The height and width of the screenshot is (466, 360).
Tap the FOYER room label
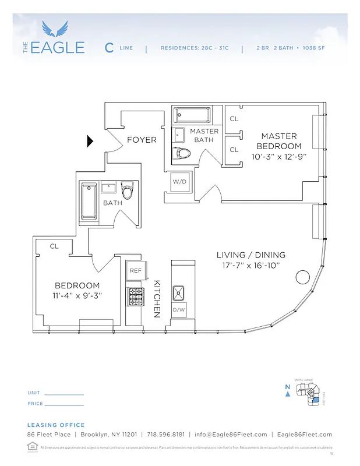(x=142, y=140)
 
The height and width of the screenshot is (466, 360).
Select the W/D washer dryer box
(x=179, y=182)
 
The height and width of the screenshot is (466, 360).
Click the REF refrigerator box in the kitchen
(x=135, y=270)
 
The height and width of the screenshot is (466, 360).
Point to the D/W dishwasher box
(x=179, y=310)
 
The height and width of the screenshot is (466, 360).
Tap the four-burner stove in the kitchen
(x=135, y=296)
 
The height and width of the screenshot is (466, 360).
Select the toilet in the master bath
(x=182, y=153)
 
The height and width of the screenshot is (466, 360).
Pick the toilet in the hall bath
(x=128, y=190)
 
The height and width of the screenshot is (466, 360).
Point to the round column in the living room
(x=302, y=277)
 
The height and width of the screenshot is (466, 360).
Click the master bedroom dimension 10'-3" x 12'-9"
(x=278, y=157)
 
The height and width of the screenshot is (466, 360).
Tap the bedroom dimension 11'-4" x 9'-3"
(x=77, y=295)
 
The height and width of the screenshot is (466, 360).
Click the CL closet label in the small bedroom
(x=54, y=246)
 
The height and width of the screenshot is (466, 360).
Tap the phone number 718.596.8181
(x=166, y=435)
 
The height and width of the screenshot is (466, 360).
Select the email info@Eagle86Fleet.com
(x=231, y=435)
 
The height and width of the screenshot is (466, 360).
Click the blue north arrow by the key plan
(x=287, y=394)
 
